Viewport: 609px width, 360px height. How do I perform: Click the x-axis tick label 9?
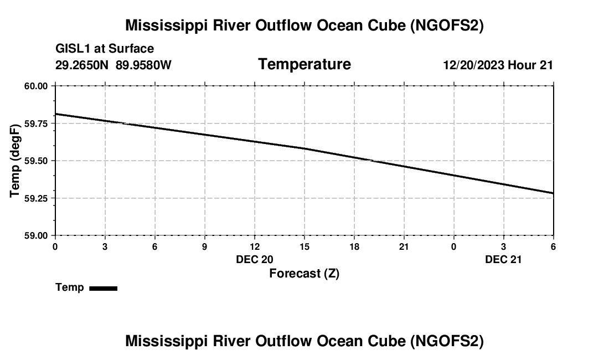pyautogui.click(x=205, y=246)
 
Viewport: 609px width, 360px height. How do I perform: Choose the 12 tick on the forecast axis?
pyautogui.click(x=255, y=246)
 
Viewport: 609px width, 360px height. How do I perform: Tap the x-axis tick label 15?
pyautogui.click(x=304, y=246)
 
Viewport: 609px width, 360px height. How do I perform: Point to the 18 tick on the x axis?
pyautogui.click(x=354, y=246)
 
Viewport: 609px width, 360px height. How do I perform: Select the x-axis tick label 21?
pyautogui.click(x=404, y=246)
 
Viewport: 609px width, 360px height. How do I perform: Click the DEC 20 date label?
pyautogui.click(x=255, y=259)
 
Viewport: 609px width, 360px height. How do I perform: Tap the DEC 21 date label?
pyautogui.click(x=504, y=259)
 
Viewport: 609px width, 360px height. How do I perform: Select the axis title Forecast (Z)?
pyautogui.click(x=304, y=274)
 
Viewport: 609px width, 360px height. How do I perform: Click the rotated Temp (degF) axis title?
pyautogui.click(x=16, y=161)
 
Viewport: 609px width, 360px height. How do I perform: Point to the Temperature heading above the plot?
pyautogui.click(x=304, y=64)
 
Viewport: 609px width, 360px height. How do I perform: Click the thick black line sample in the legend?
pyautogui.click(x=103, y=288)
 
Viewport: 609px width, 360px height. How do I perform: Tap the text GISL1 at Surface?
pyautogui.click(x=105, y=49)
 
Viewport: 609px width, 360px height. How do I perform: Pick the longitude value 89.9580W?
pyautogui.click(x=144, y=65)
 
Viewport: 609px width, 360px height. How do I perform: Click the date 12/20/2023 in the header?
pyautogui.click(x=473, y=65)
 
